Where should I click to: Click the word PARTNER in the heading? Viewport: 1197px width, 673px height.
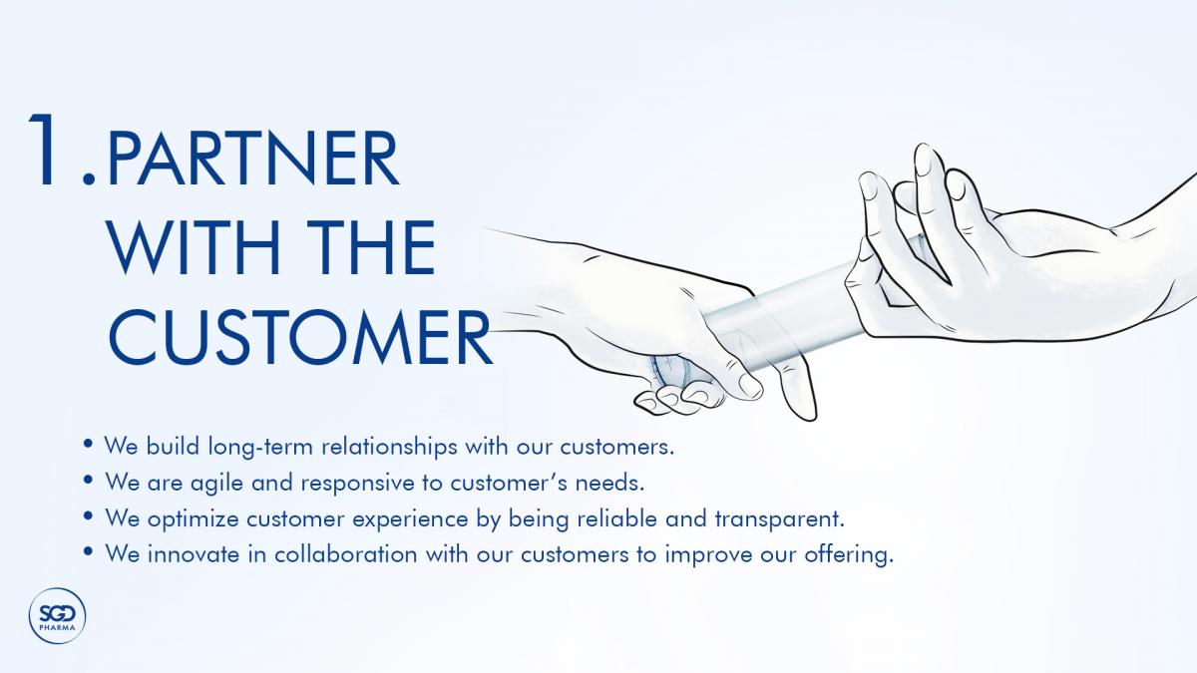point(252,159)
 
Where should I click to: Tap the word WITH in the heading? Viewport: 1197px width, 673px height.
point(195,248)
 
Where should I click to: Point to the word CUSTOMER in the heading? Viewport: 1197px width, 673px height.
point(300,338)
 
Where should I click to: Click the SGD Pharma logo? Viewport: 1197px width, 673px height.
point(57,616)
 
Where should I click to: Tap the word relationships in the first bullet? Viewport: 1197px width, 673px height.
point(389,447)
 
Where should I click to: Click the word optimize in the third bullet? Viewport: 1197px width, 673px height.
point(193,519)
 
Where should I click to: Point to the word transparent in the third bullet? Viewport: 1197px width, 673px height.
point(780,519)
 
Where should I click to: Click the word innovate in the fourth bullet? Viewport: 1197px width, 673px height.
point(194,554)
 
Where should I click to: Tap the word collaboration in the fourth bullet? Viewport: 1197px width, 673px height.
point(346,554)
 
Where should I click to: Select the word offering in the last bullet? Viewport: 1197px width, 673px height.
point(849,555)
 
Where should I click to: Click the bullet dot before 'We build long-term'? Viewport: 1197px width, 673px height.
point(89,444)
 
